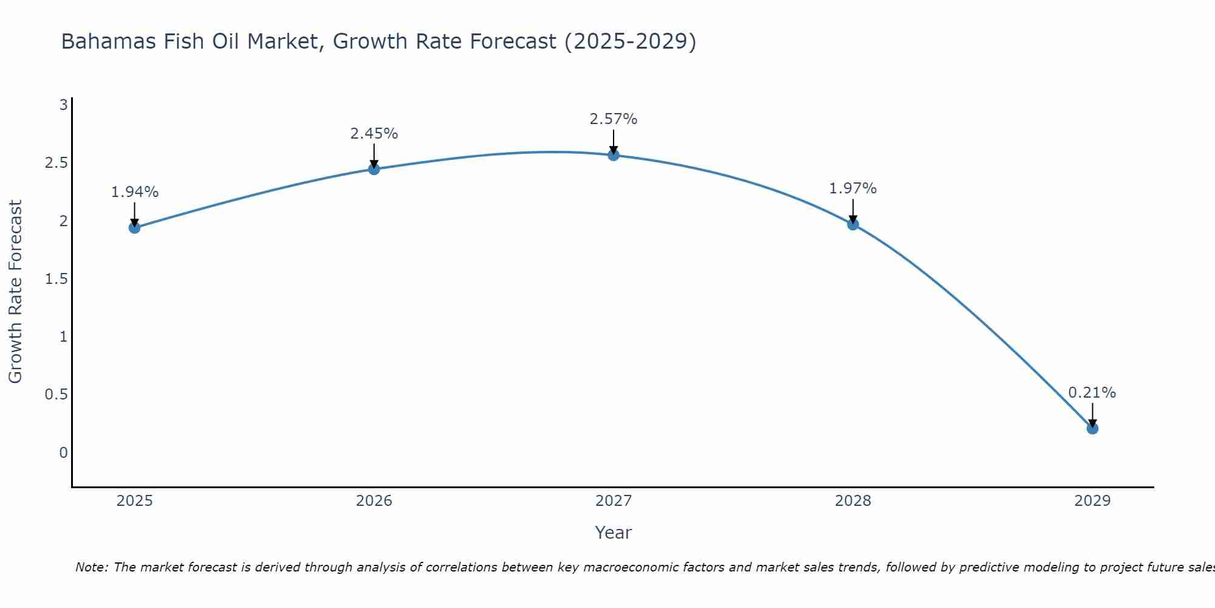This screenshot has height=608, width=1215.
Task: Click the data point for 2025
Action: point(134,228)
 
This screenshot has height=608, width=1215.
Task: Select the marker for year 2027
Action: point(614,155)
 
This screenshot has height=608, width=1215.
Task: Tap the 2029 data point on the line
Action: point(1092,429)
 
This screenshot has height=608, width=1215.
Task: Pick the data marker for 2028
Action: point(853,224)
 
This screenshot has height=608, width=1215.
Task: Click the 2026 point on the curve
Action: point(374,169)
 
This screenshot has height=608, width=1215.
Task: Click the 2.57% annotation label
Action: point(614,119)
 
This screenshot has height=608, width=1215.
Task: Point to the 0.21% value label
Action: point(1092,393)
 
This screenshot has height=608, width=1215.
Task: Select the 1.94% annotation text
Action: point(135,192)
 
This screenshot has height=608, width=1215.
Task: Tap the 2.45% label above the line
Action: point(374,134)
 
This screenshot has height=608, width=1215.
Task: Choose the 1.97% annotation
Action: point(853,188)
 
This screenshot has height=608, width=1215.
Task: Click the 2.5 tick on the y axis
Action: point(56,163)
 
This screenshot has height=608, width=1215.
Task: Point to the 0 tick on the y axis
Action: point(63,452)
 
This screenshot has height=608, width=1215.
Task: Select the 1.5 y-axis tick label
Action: point(56,279)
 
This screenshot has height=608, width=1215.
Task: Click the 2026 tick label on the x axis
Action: point(374,501)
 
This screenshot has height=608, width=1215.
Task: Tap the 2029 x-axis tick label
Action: point(1092,501)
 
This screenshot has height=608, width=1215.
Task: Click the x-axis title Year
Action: point(614,533)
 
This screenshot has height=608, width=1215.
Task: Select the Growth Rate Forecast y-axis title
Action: point(16,292)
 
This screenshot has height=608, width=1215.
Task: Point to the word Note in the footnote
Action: point(91,567)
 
